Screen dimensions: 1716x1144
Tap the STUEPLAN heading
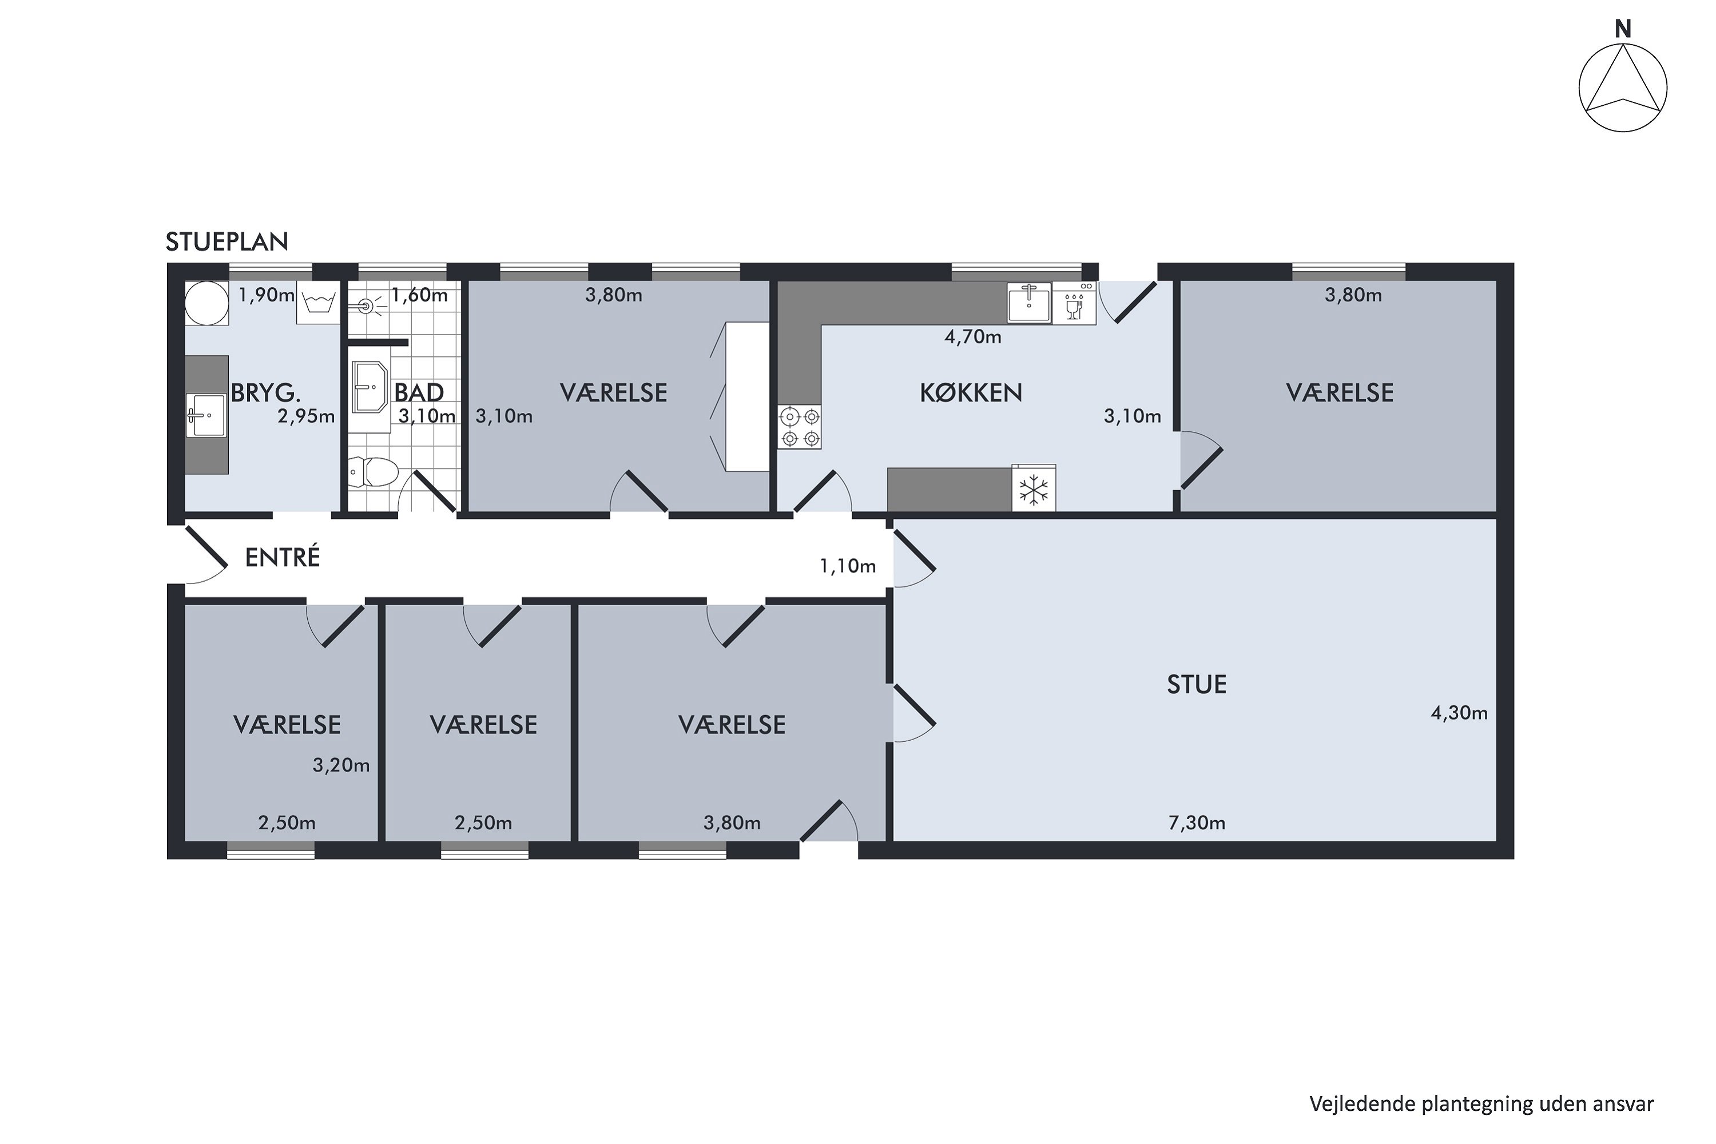coord(227,241)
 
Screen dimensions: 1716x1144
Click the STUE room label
coord(1197,684)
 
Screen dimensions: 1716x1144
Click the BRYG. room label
coord(265,394)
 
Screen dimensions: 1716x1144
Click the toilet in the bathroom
coord(373,472)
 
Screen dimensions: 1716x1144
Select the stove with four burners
coord(800,427)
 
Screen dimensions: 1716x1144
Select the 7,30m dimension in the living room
coord(1197,823)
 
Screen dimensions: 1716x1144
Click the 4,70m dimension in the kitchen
coord(972,337)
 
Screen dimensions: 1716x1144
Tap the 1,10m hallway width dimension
coord(847,566)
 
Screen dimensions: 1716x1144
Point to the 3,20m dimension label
coord(341,765)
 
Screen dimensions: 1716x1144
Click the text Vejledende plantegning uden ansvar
coord(1481,1104)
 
